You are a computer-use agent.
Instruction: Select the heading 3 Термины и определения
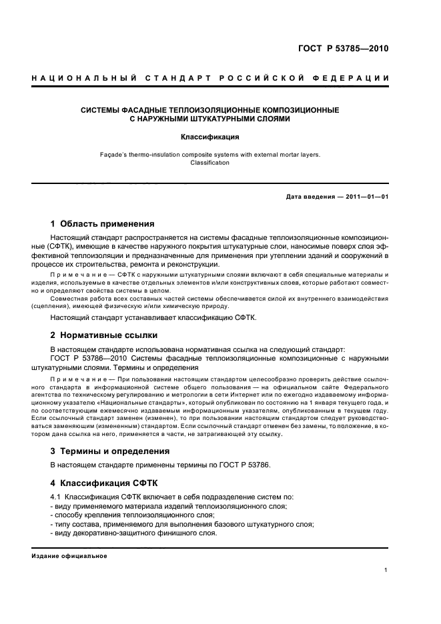tap(110, 451)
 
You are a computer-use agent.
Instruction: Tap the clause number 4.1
tap(56, 497)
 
